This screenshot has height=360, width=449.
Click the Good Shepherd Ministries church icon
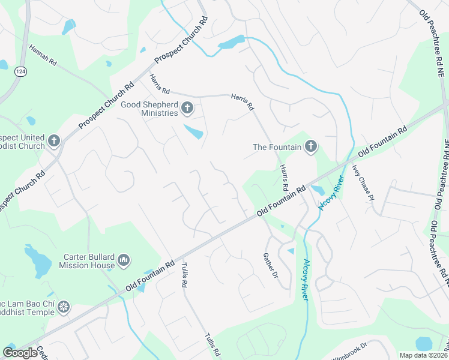click(x=187, y=109)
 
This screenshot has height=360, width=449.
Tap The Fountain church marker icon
click(x=310, y=146)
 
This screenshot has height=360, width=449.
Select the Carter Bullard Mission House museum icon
click(x=124, y=260)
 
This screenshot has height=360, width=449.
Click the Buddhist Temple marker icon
click(x=64, y=308)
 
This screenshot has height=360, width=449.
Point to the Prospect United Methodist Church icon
click(x=54, y=141)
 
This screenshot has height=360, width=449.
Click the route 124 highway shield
click(x=20, y=71)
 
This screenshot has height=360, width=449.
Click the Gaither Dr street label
click(x=271, y=266)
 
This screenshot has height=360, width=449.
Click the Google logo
click(x=20, y=353)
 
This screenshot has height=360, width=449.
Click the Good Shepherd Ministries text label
click(x=150, y=109)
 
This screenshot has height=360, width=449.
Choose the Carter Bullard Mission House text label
click(x=89, y=261)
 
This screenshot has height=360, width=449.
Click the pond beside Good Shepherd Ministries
click(x=193, y=131)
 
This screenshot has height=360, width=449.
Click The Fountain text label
click(x=276, y=147)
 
